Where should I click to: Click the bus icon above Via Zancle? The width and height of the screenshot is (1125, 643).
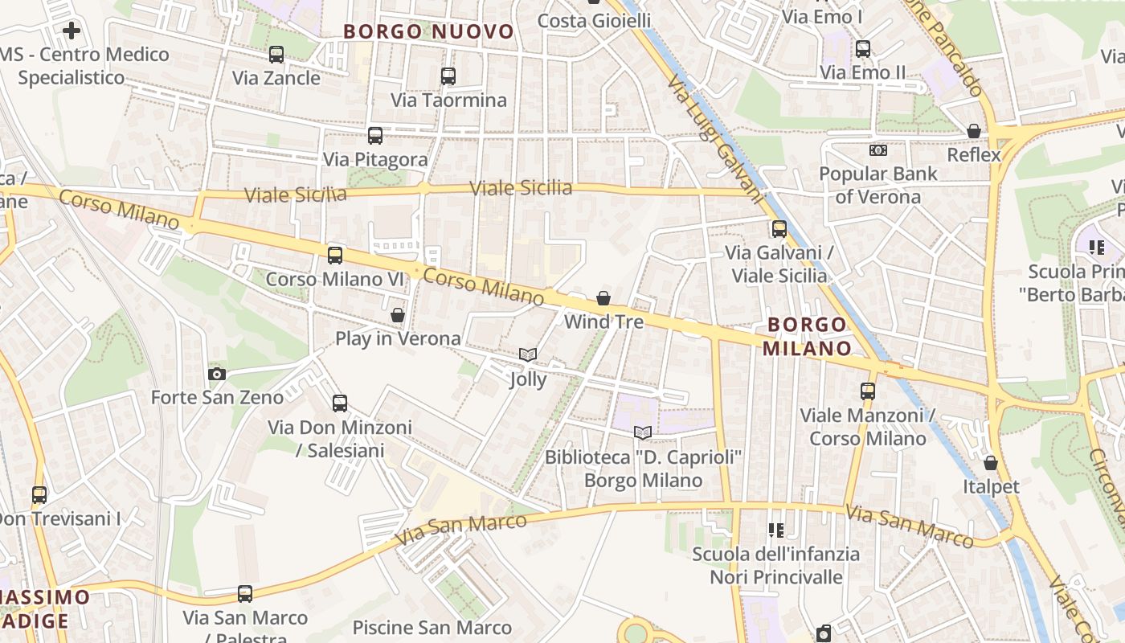(276, 55)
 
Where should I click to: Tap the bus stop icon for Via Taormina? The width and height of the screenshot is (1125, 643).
(448, 76)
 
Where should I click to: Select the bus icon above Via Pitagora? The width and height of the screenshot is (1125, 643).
(375, 136)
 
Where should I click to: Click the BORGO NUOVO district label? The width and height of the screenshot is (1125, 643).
(428, 31)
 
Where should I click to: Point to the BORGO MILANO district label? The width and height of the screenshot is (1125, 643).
(807, 336)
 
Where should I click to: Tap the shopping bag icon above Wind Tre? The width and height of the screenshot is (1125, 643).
(603, 298)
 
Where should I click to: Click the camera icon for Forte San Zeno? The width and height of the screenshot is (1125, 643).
(217, 374)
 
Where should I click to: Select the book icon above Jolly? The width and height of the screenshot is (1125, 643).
(528, 354)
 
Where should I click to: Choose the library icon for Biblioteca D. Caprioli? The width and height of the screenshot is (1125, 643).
(643, 433)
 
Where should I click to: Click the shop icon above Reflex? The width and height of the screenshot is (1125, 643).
(974, 131)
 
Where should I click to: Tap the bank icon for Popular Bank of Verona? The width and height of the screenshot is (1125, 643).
(878, 150)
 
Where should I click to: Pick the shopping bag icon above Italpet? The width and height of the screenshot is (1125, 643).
(991, 463)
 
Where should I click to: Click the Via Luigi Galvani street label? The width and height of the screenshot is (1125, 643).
(715, 137)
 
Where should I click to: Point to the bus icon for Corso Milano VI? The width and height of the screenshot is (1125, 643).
(335, 256)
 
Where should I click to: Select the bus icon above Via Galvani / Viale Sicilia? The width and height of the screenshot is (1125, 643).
(779, 229)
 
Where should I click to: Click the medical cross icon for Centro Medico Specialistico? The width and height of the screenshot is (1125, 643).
(72, 31)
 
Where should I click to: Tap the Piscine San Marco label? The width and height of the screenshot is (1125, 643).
(432, 628)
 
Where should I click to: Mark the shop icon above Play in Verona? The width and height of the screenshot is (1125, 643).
(398, 314)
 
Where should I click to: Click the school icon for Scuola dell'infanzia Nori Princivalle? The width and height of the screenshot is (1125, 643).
(776, 530)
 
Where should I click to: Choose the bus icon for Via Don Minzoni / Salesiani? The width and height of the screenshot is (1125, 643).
(340, 403)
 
